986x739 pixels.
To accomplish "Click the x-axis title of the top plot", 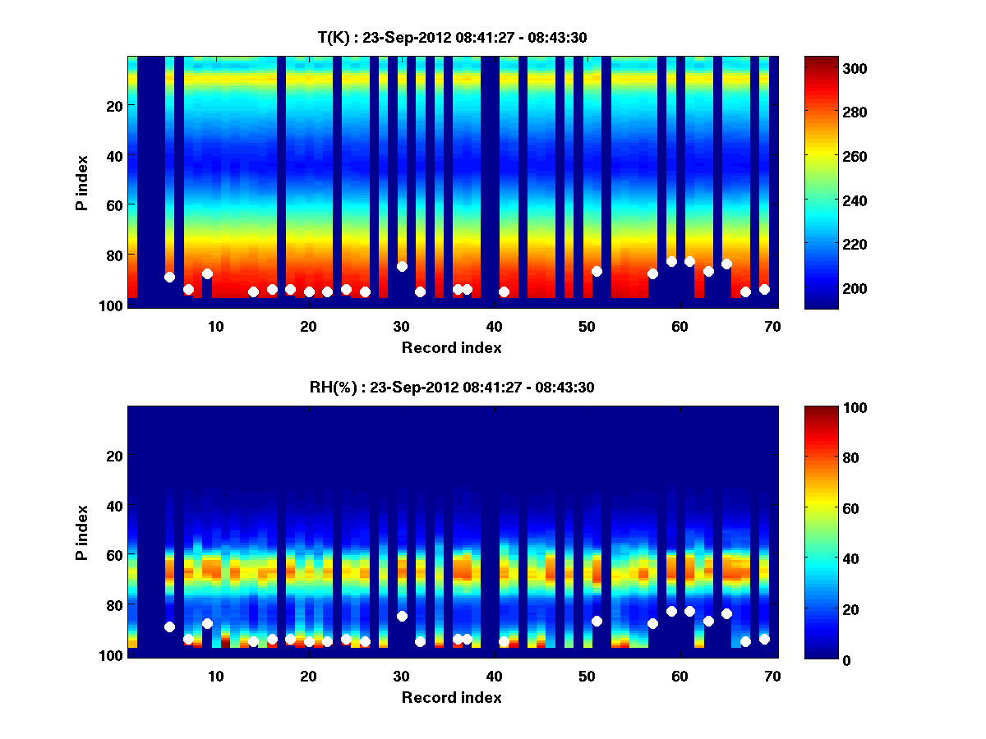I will (452, 347).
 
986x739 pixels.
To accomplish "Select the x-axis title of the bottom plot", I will (452, 697).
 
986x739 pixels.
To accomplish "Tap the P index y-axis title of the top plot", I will (82, 182).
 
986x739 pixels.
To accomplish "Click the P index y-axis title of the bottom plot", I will (82, 532).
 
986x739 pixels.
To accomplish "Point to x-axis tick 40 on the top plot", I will (494, 326).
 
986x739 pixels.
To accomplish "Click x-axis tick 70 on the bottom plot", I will (772, 676).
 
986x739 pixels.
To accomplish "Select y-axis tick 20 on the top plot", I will (113, 106).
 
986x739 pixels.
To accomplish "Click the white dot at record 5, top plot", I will (169, 277).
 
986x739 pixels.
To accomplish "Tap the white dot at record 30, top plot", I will (402, 266).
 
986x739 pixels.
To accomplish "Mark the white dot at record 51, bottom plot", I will (597, 621).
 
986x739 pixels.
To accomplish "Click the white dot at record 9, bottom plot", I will (207, 623).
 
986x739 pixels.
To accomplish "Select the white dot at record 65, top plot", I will (726, 264).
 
